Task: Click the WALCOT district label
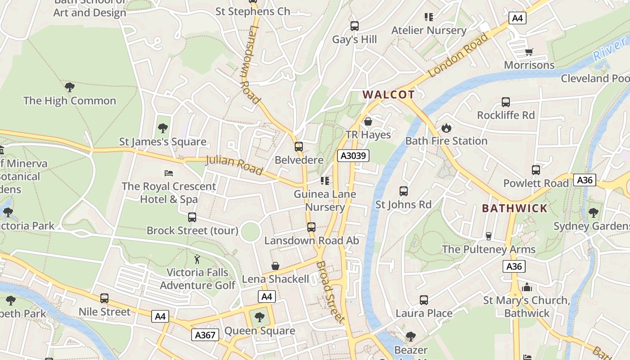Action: pyautogui.click(x=388, y=94)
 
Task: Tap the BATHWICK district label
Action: pyautogui.click(x=515, y=208)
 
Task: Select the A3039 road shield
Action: pyautogui.click(x=353, y=156)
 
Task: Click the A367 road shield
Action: pyautogui.click(x=205, y=334)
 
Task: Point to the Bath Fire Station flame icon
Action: pyautogui.click(x=446, y=128)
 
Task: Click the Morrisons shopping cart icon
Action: pyautogui.click(x=529, y=52)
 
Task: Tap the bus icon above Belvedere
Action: pyautogui.click(x=298, y=147)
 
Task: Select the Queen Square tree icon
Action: pyautogui.click(x=260, y=317)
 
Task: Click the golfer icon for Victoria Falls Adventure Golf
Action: pyautogui.click(x=197, y=259)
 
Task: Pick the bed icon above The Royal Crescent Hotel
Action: pyautogui.click(x=169, y=173)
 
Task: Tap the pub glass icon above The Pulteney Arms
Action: pyautogui.click(x=489, y=236)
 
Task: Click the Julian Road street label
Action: pyautogui.click(x=234, y=165)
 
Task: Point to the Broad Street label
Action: pyautogui.click(x=331, y=292)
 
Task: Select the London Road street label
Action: pyautogui.click(x=458, y=55)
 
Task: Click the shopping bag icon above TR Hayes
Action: pyautogui.click(x=368, y=121)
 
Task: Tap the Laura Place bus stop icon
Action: pyautogui.click(x=424, y=300)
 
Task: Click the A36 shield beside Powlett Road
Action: pyautogui.click(x=585, y=180)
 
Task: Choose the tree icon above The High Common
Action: pyautogui.click(x=70, y=87)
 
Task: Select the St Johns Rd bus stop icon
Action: pyautogui.click(x=404, y=191)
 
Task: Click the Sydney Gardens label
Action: pyautogui.click(x=591, y=226)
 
